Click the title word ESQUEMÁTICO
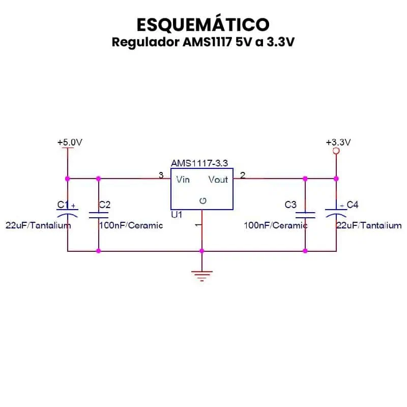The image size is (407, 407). pyautogui.click(x=203, y=24)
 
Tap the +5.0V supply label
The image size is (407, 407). pyautogui.click(x=70, y=142)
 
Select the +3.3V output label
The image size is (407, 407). pyautogui.click(x=338, y=142)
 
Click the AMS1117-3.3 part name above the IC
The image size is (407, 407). pyautogui.click(x=199, y=163)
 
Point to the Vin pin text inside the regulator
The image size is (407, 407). pyautogui.click(x=183, y=180)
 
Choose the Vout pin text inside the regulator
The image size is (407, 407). pyautogui.click(x=218, y=180)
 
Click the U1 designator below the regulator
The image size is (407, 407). pyautogui.click(x=177, y=215)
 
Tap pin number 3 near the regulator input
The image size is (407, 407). pyautogui.click(x=161, y=176)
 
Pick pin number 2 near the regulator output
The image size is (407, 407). pyautogui.click(x=243, y=176)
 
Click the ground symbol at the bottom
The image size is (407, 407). pyautogui.click(x=202, y=276)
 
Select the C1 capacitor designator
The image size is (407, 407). pyautogui.click(x=63, y=205)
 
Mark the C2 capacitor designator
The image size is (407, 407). pyautogui.click(x=105, y=205)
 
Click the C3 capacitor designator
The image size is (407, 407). pyautogui.click(x=290, y=205)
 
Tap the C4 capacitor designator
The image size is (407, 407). pyautogui.click(x=353, y=205)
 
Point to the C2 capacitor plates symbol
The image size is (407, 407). pyautogui.click(x=98, y=215)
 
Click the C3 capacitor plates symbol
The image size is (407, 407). pyautogui.click(x=305, y=215)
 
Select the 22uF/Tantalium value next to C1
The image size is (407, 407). pyautogui.click(x=38, y=225)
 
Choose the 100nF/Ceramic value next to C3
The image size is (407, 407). pyautogui.click(x=275, y=225)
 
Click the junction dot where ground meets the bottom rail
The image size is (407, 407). pyautogui.click(x=202, y=251)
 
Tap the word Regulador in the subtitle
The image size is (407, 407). pyautogui.click(x=145, y=42)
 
